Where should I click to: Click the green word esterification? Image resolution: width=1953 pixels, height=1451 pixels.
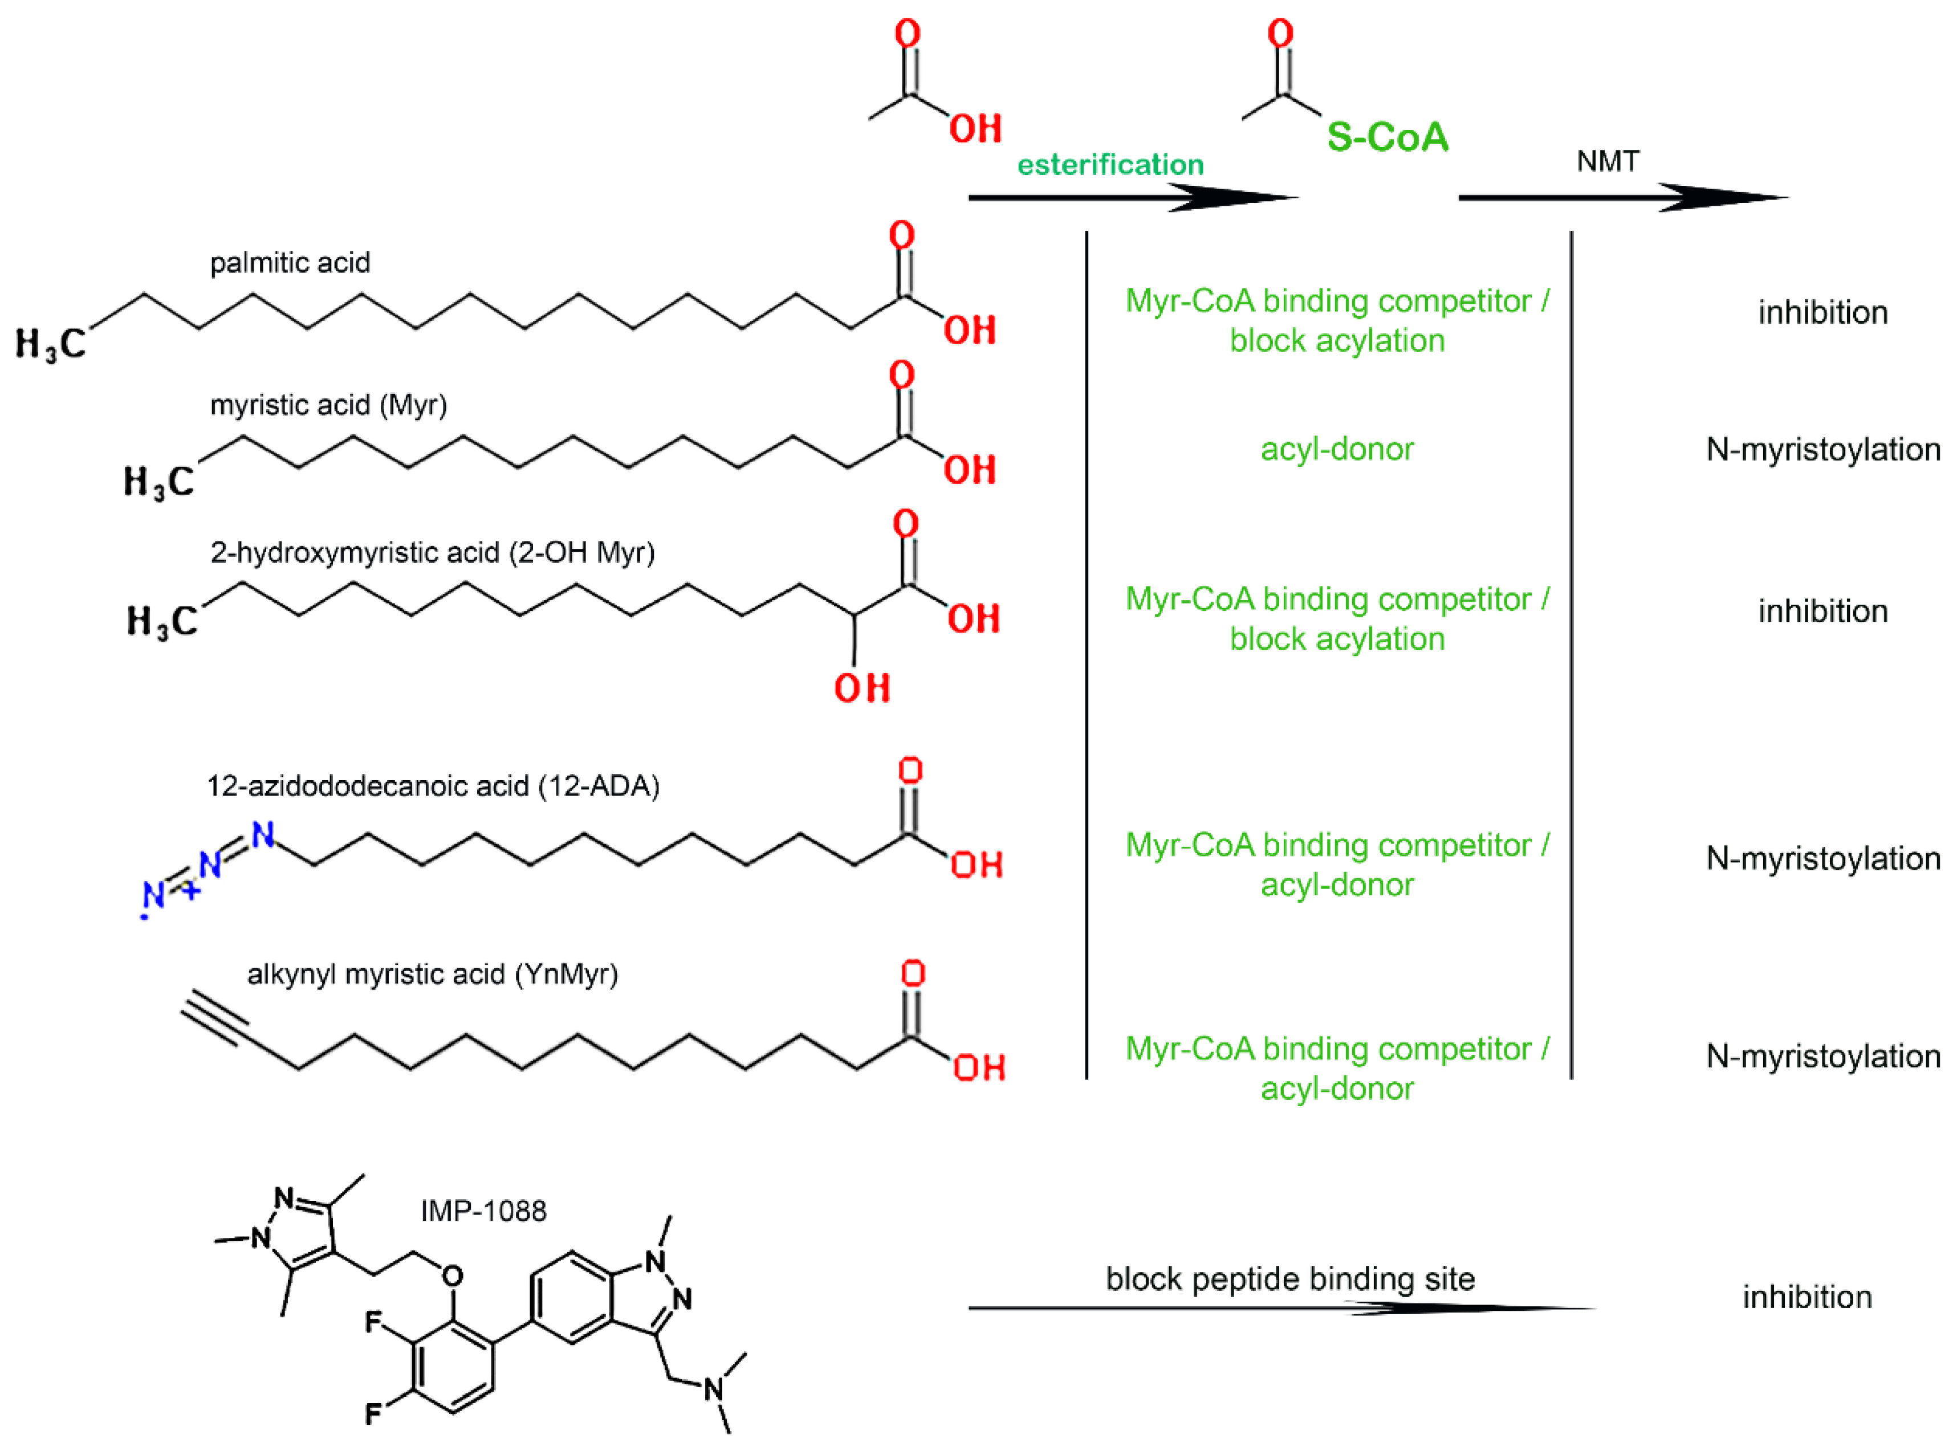(1109, 164)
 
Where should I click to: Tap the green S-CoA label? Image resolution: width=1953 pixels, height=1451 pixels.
(1387, 137)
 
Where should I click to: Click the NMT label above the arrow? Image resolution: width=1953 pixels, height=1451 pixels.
(1608, 162)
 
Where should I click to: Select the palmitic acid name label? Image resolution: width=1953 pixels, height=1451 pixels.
(290, 263)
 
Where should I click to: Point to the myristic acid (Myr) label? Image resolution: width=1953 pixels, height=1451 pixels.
(328, 405)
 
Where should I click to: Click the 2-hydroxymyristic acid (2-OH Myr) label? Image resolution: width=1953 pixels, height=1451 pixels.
(432, 552)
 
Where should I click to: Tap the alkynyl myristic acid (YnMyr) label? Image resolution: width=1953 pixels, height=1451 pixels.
(432, 974)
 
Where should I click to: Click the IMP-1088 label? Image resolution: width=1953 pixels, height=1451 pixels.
(483, 1211)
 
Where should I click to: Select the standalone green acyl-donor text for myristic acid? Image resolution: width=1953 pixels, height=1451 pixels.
(1337, 449)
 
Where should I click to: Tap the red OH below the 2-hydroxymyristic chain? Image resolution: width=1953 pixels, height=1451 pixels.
(862, 688)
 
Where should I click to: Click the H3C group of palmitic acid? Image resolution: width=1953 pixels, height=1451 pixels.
(51, 344)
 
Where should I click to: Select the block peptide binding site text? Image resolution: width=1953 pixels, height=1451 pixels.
(1289, 1279)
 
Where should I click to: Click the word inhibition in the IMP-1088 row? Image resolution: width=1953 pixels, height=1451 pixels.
(1807, 1297)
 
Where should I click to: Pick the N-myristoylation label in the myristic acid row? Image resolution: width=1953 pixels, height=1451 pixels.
(1823, 450)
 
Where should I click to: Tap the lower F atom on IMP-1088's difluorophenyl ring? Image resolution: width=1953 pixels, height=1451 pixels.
(373, 1414)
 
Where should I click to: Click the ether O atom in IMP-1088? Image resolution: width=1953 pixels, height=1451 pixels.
(453, 1276)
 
